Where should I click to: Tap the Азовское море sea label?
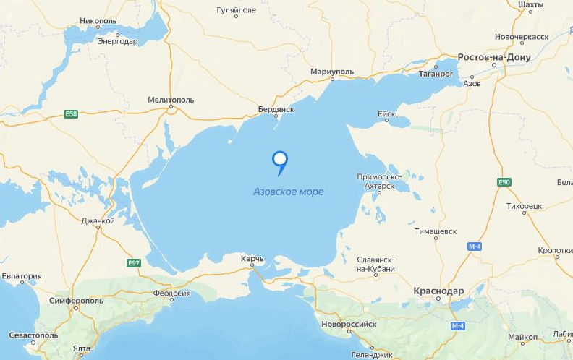(x=288, y=192)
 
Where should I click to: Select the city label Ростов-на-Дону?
(x=494, y=57)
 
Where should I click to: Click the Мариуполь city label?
(x=331, y=72)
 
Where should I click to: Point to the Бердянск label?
(x=276, y=109)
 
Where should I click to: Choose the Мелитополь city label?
(x=171, y=100)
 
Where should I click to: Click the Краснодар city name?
(x=438, y=291)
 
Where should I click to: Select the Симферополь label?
(x=77, y=300)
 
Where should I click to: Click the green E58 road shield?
(x=71, y=115)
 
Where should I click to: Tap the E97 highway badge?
(x=133, y=263)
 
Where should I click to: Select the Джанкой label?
(x=98, y=221)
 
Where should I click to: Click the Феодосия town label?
(x=171, y=293)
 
